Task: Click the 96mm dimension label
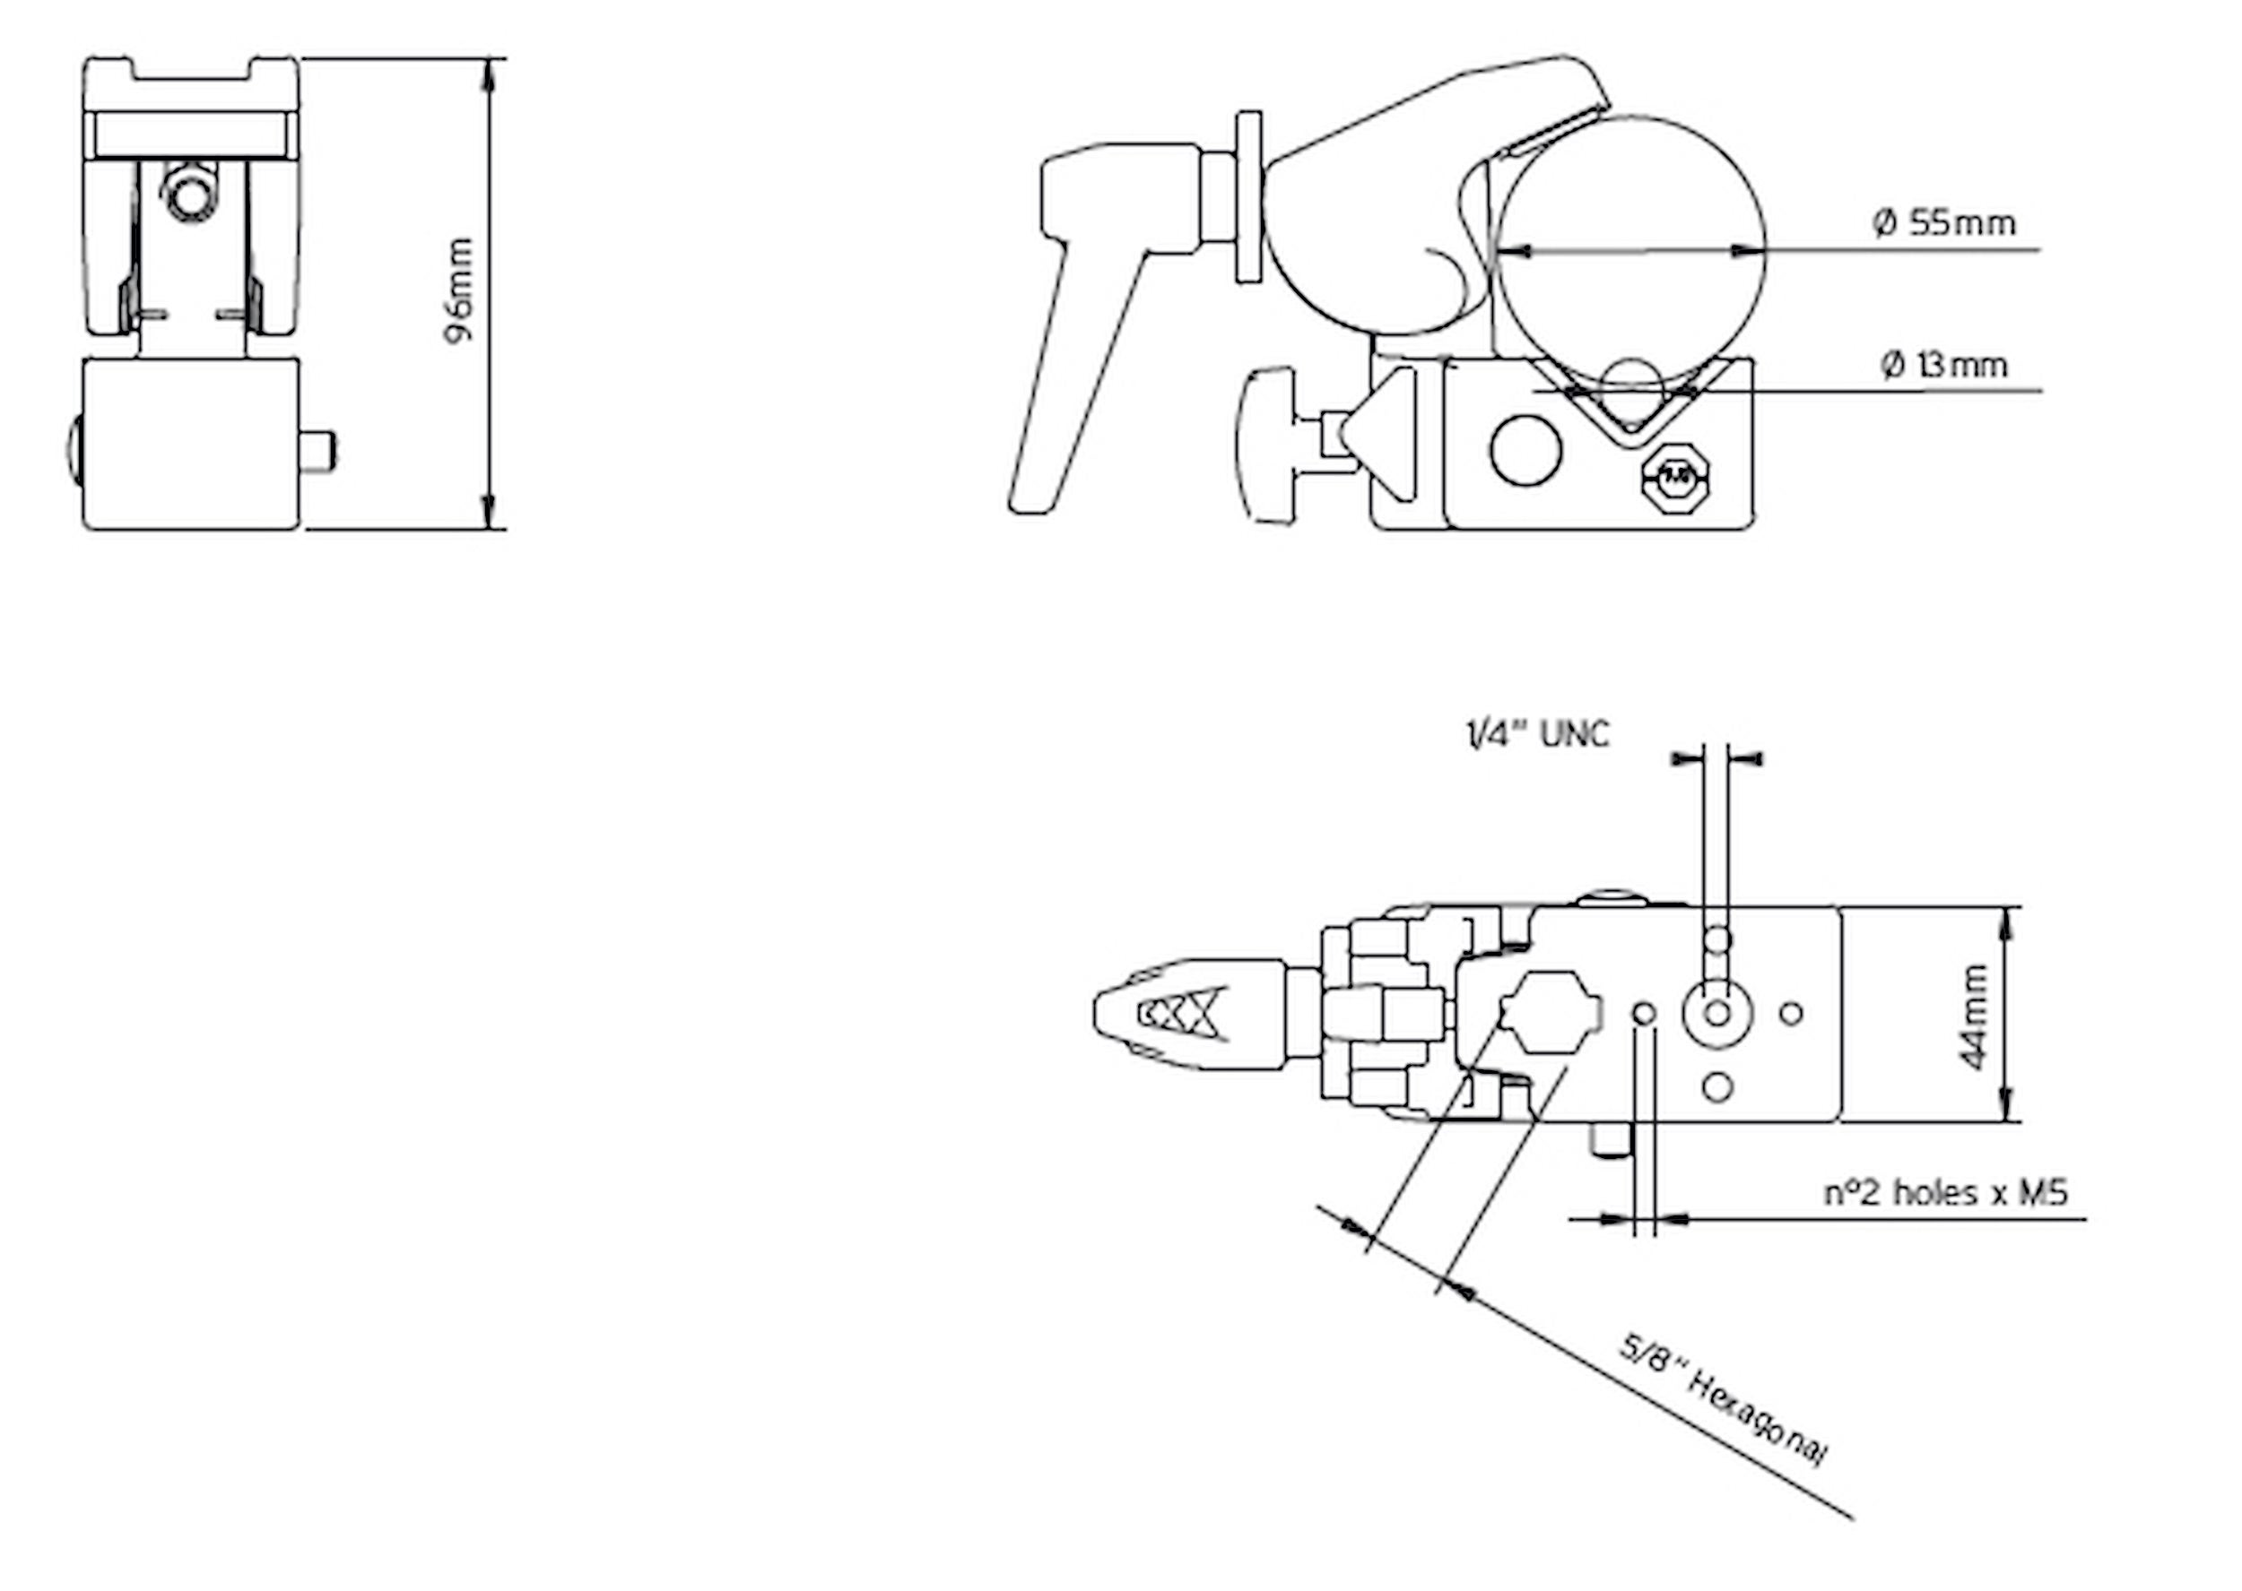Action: click(x=458, y=291)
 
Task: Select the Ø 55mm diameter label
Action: click(x=1944, y=223)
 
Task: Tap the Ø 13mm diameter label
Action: click(x=1944, y=366)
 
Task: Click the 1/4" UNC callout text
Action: click(x=1536, y=734)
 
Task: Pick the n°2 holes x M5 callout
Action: click(x=1945, y=1193)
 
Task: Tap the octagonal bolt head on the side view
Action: click(x=1677, y=479)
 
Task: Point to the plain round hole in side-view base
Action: click(x=1525, y=450)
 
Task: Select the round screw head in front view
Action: click(x=189, y=193)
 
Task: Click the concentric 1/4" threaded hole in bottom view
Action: click(x=1716, y=1013)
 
